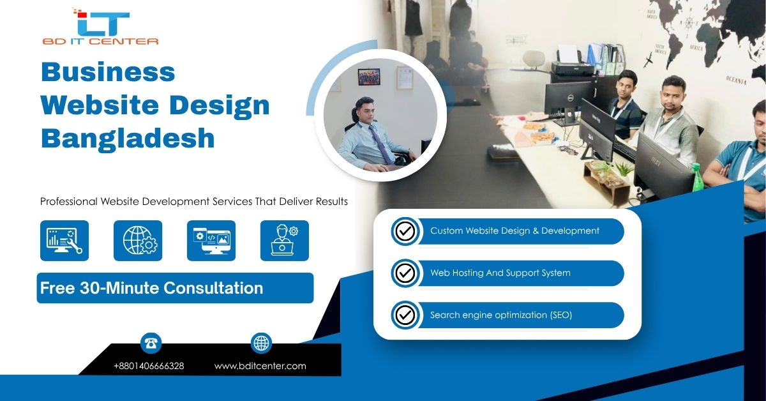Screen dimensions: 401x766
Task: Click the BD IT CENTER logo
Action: (x=100, y=27)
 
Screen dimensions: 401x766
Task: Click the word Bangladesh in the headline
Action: (x=128, y=138)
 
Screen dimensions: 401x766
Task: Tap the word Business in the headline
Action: (x=108, y=72)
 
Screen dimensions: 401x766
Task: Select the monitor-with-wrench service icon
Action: (x=64, y=241)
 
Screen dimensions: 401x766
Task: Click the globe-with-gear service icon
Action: (x=138, y=241)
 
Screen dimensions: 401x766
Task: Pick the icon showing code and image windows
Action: (x=211, y=241)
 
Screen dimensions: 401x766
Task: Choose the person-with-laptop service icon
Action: (x=285, y=241)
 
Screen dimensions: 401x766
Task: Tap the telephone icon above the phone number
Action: (x=151, y=344)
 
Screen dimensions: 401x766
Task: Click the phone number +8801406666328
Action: (x=149, y=366)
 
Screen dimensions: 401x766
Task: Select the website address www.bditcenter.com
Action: (x=260, y=366)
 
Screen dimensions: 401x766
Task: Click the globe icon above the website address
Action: (x=261, y=344)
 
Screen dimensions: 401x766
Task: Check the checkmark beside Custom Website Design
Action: (x=405, y=231)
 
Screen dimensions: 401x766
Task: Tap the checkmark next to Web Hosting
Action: (x=405, y=273)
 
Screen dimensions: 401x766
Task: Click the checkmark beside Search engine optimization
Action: (x=405, y=315)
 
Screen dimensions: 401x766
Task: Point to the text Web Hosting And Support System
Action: (x=500, y=273)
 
